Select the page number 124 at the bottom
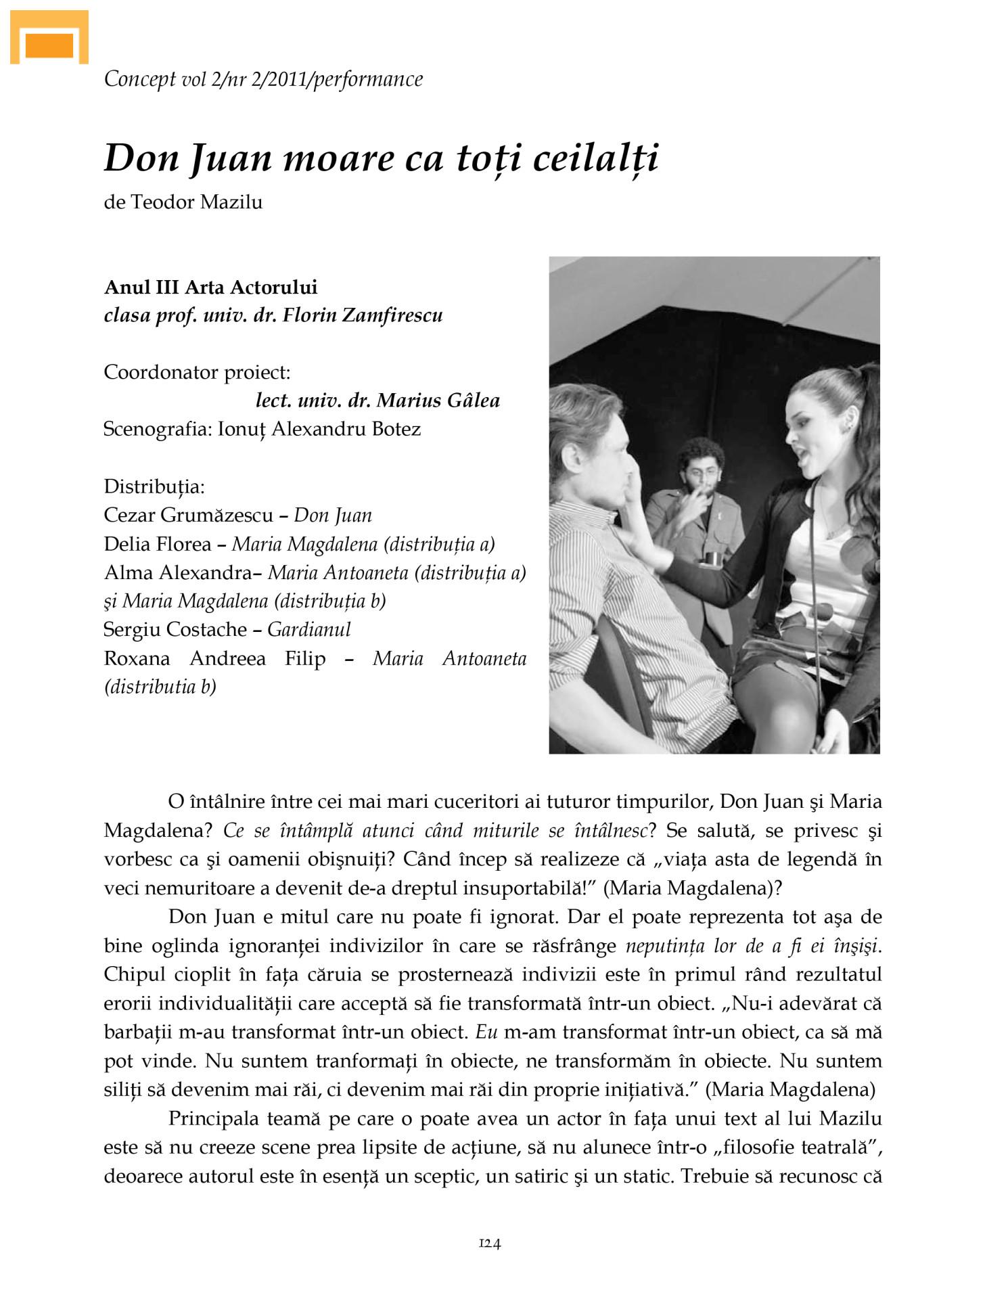[490, 1243]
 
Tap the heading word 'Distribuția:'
[154, 486]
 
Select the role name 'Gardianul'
[309, 630]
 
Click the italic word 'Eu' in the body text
[487, 1032]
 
